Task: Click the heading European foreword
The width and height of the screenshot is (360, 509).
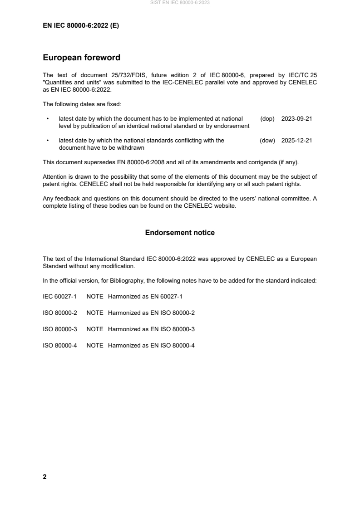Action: (81, 58)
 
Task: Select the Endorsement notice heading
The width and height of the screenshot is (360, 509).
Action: (180, 233)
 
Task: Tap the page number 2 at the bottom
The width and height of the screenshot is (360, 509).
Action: (44, 477)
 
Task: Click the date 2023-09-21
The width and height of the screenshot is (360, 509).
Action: (296, 118)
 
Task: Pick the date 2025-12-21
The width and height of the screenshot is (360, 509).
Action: (296, 141)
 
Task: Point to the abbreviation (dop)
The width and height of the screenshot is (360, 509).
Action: (268, 118)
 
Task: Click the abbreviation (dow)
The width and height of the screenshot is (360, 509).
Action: (267, 141)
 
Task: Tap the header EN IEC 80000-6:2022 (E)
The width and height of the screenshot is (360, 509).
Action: (81, 26)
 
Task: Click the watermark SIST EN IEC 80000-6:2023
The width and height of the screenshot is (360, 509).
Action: (180, 3)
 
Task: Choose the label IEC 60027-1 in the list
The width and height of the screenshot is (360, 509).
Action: (59, 297)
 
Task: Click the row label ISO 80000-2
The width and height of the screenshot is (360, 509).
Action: (59, 313)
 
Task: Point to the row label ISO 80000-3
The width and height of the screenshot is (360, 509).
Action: (59, 329)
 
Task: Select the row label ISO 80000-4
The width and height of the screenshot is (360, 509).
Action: (59, 346)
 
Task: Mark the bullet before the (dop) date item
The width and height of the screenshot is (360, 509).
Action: (48, 118)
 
